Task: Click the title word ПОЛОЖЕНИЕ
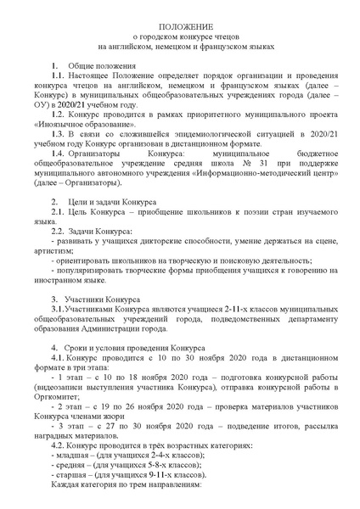179,28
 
